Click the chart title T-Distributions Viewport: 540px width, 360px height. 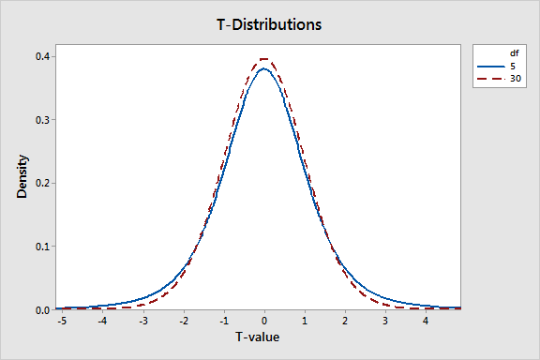[x=269, y=24]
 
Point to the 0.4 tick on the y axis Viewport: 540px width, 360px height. [x=43, y=56]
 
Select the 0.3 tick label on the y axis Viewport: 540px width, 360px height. [x=43, y=120]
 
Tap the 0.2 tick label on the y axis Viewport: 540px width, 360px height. [x=43, y=183]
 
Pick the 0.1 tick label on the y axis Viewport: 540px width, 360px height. [x=43, y=247]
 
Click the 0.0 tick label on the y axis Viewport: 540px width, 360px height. [x=43, y=309]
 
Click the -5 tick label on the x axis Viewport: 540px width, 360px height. [x=63, y=321]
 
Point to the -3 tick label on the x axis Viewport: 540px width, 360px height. [x=143, y=321]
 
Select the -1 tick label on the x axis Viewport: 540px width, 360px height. [x=224, y=321]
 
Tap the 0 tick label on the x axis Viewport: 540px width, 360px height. [x=265, y=321]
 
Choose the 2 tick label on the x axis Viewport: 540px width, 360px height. [x=346, y=321]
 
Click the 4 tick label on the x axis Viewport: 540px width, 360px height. [x=427, y=321]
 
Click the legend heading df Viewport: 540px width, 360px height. [x=502, y=53]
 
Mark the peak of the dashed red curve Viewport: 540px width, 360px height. [x=265, y=59]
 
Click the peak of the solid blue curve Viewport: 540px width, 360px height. [x=265, y=68]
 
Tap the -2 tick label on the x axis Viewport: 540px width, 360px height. [x=184, y=321]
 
